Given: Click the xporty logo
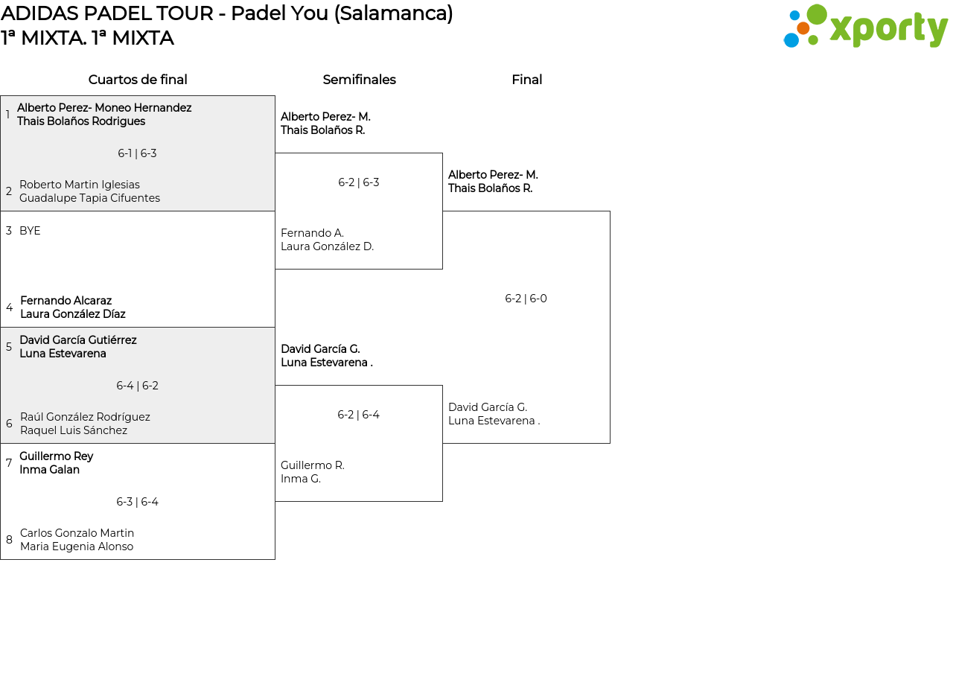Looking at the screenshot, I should (865, 27).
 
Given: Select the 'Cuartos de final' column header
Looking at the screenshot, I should (138, 80).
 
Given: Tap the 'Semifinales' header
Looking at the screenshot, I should (359, 80).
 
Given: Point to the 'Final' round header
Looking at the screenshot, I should (526, 80).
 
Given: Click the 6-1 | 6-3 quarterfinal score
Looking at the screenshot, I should (137, 153).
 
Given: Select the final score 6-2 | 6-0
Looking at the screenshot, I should (526, 299).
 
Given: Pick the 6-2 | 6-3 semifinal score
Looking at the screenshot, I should (359, 182).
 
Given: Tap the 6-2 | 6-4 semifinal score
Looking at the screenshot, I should (358, 415).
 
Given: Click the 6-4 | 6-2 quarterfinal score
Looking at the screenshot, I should (137, 386).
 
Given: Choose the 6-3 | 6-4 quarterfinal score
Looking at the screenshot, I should (137, 502).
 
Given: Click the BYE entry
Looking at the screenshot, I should (30, 231).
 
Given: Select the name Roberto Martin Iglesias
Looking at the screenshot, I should (80, 185).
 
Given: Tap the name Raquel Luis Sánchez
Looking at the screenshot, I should (74, 430).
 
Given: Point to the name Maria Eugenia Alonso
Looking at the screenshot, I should (77, 546).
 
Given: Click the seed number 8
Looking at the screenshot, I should (9, 540).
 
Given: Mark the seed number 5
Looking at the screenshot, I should (9, 347).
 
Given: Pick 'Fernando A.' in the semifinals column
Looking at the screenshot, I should (312, 233).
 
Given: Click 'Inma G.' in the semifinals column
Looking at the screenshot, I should (301, 479).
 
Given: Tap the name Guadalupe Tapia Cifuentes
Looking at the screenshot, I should (89, 198).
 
